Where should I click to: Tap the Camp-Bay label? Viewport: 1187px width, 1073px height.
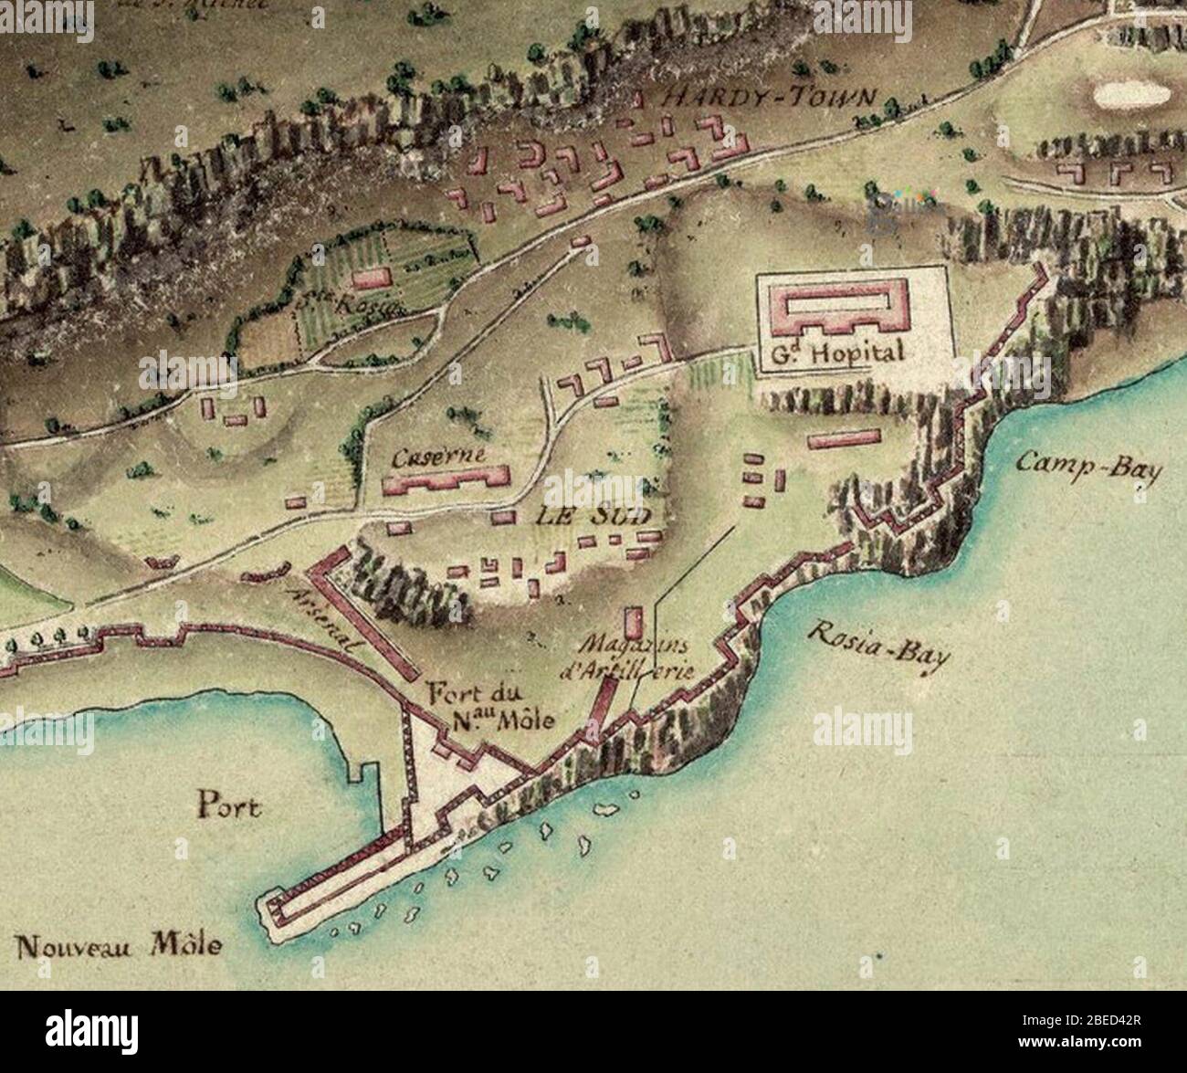point(1089,468)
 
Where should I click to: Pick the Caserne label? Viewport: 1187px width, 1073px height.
point(439,458)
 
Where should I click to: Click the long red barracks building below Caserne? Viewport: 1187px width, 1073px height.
point(446,480)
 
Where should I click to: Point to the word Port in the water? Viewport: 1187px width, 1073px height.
point(229,805)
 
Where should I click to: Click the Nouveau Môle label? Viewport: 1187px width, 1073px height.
point(120,944)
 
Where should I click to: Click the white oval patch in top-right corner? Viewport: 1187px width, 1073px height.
point(1131,94)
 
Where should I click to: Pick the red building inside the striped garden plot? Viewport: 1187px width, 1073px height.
point(372,278)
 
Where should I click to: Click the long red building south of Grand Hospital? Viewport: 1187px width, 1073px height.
point(844,439)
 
